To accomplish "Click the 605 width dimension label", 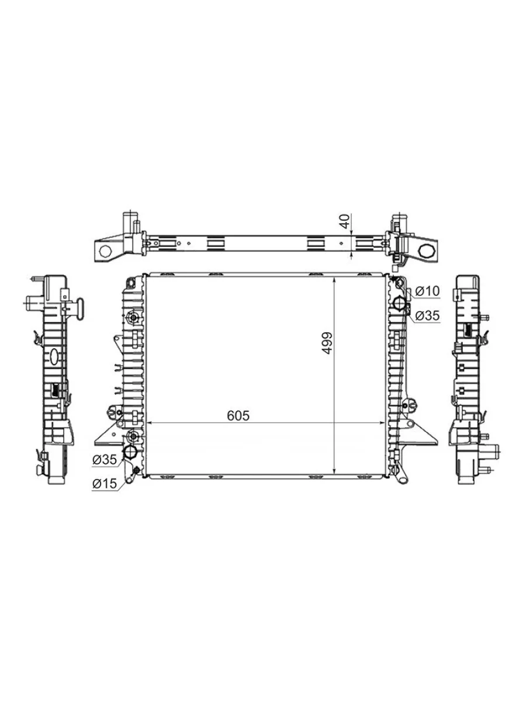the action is pyautogui.click(x=238, y=415).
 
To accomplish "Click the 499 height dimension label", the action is pyautogui.click(x=327, y=343).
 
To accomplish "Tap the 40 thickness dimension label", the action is pyautogui.click(x=345, y=221).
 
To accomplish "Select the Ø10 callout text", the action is pyautogui.click(x=427, y=291).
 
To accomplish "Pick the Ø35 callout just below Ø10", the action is pyautogui.click(x=427, y=315).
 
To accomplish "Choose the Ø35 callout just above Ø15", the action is pyautogui.click(x=105, y=460).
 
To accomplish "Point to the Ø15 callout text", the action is pyautogui.click(x=105, y=484).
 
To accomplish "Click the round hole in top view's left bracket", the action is pyautogui.click(x=105, y=252).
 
